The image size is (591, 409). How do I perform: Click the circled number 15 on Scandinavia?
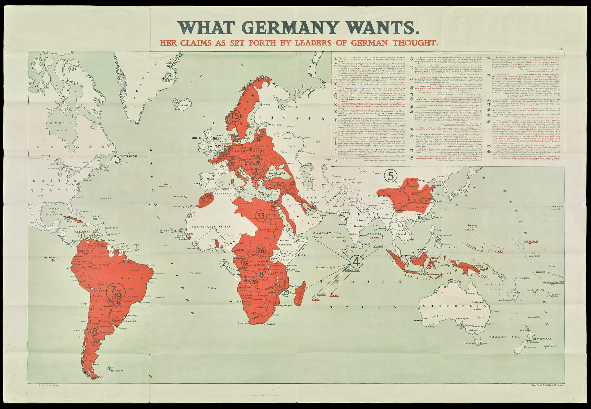[235, 116]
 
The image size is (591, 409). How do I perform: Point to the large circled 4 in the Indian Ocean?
[356, 262]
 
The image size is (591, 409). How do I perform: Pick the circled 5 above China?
[390, 176]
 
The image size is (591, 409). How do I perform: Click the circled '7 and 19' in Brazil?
[116, 292]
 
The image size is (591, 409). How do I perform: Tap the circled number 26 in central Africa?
[261, 250]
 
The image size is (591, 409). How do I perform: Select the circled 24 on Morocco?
[209, 195]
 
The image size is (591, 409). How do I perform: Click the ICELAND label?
[183, 105]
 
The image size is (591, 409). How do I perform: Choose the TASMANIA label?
[470, 343]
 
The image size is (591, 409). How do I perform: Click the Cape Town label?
[243, 323]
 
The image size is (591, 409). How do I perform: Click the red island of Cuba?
[76, 220]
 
